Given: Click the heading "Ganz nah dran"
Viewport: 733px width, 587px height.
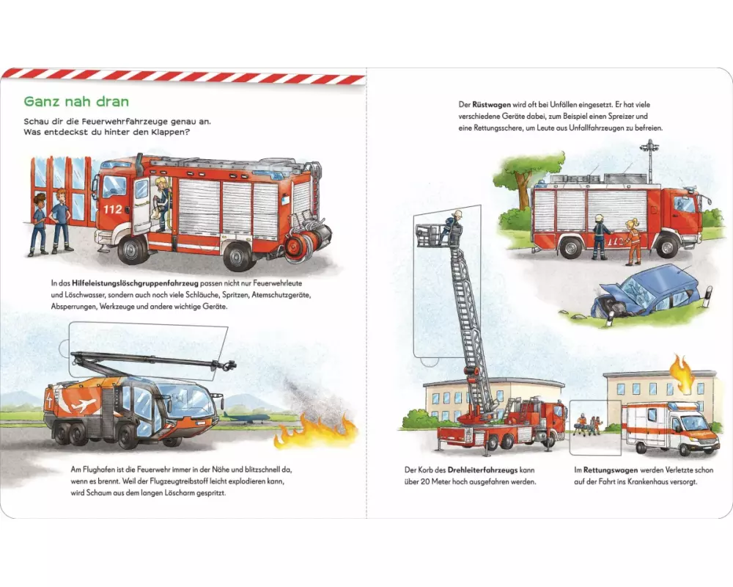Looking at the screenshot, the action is pyautogui.click(x=76, y=101).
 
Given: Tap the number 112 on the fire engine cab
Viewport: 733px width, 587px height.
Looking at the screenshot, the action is pyautogui.click(x=112, y=209).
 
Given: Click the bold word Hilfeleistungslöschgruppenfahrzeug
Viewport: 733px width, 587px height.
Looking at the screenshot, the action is pyautogui.click(x=135, y=283).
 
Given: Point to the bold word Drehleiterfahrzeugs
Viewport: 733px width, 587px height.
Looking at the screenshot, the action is pyautogui.click(x=482, y=470).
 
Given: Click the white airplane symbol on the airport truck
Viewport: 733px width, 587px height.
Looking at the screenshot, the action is pyautogui.click(x=81, y=403).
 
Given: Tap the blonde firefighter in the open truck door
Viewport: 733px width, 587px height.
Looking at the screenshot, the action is pyautogui.click(x=162, y=204).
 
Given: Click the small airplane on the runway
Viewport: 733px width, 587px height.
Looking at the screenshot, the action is pyautogui.click(x=246, y=417).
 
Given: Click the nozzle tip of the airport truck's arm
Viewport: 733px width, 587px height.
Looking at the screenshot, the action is pyautogui.click(x=230, y=364).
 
